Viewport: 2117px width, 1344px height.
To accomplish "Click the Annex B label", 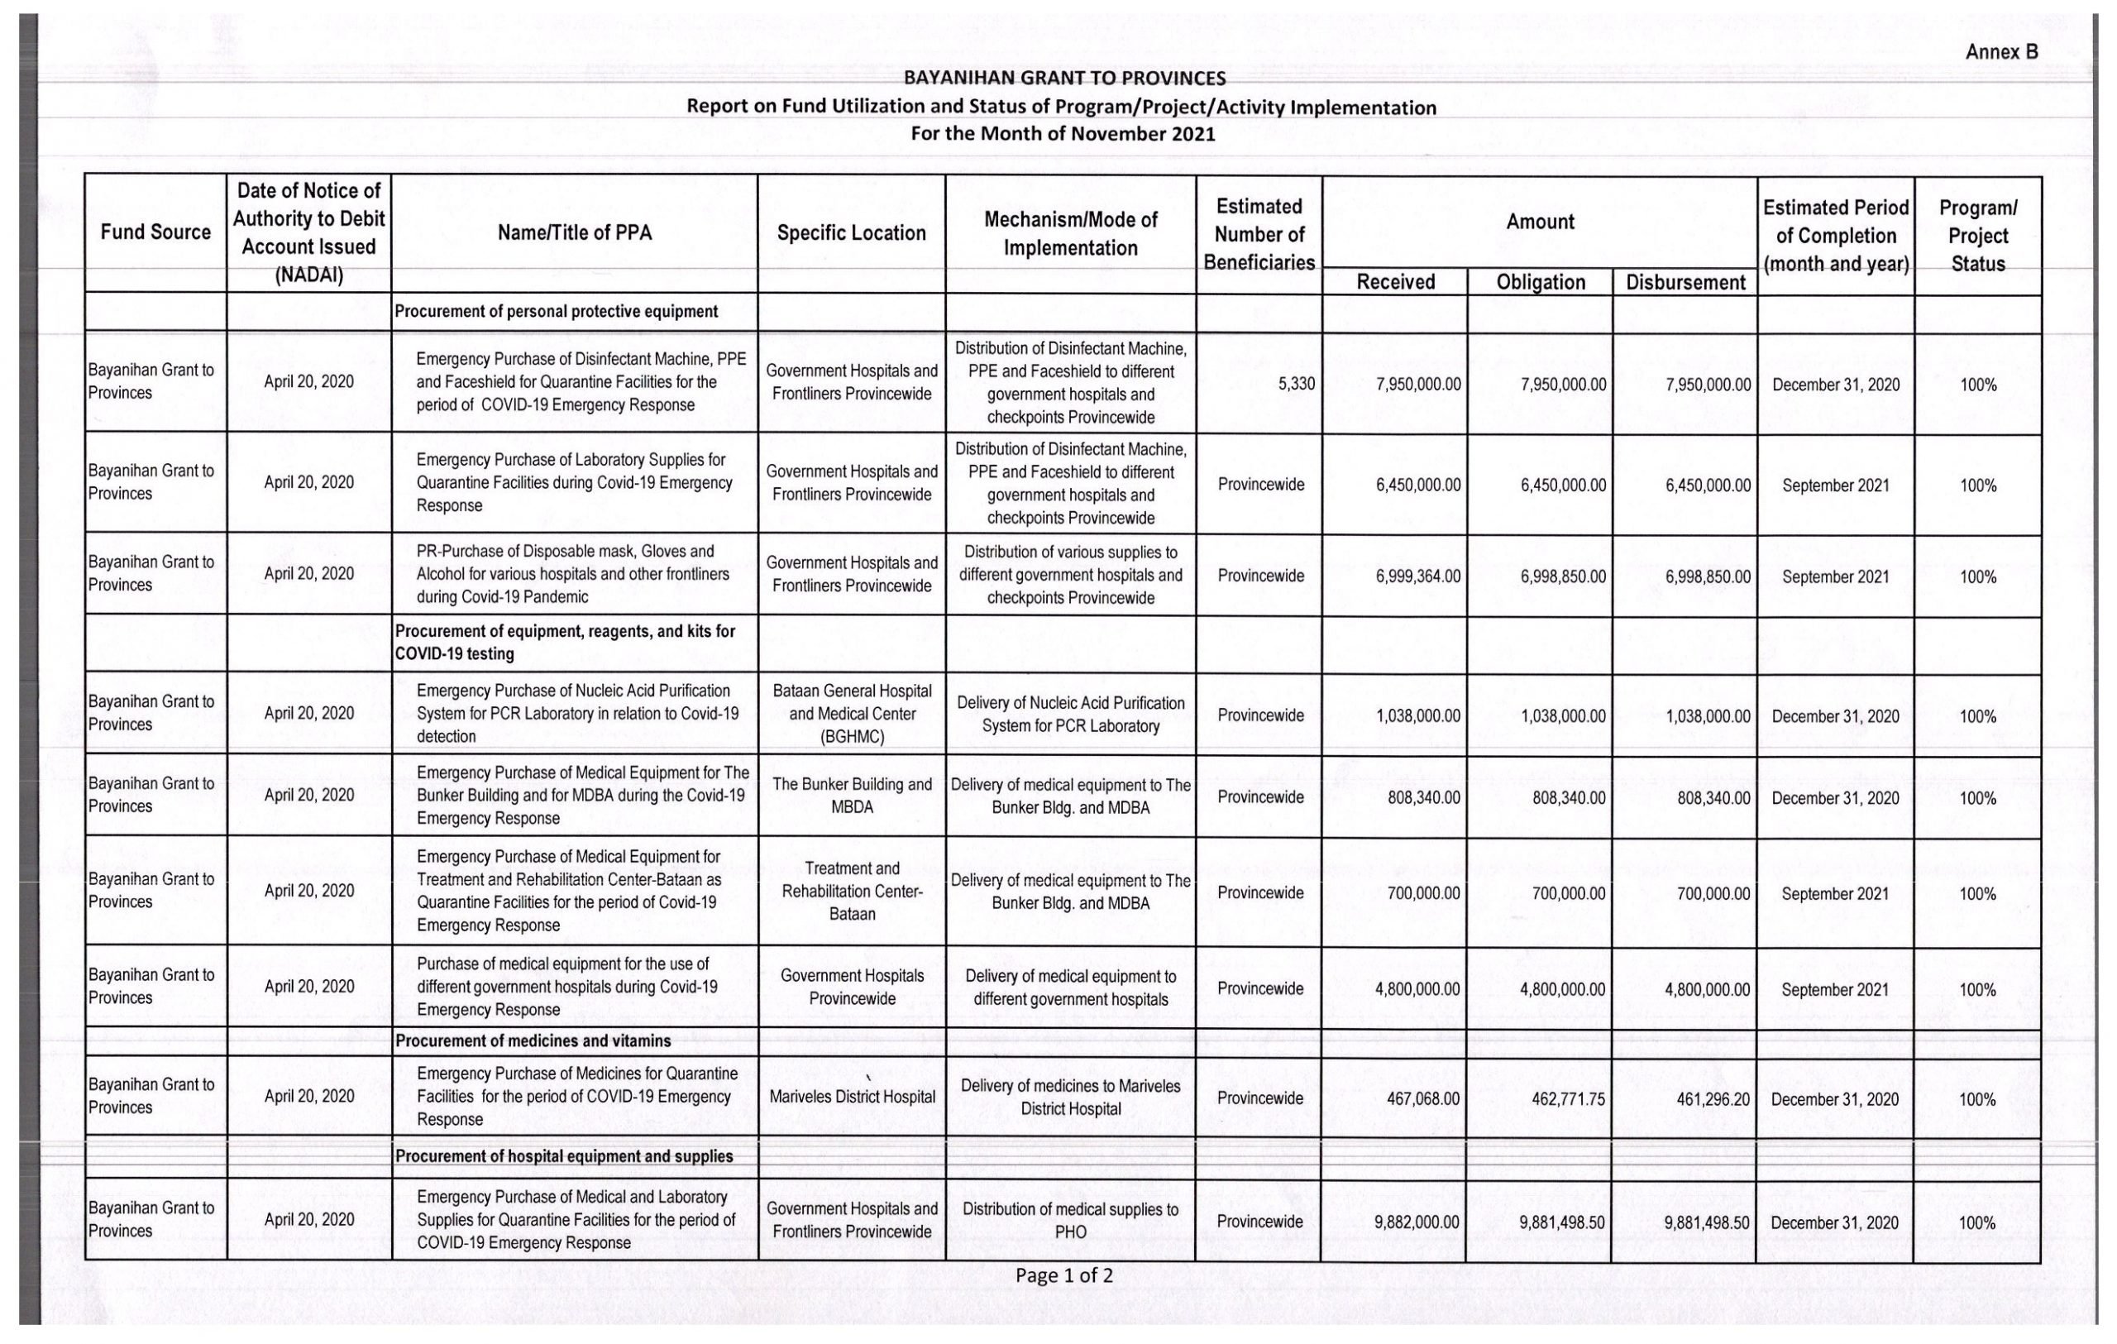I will [x=2001, y=52].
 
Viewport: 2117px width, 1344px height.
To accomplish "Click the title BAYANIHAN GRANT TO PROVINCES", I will [x=1063, y=79].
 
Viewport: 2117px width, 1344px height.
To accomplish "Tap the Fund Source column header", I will [x=155, y=232].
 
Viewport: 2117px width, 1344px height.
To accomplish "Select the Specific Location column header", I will [x=851, y=233].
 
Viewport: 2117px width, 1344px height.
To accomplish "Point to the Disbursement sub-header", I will [x=1685, y=282].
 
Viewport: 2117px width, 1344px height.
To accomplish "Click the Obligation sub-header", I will [x=1541, y=282].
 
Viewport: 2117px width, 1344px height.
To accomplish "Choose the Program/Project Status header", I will [x=1977, y=236].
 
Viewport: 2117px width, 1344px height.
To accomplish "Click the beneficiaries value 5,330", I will [x=1297, y=384].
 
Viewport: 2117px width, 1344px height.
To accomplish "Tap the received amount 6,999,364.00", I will [x=1418, y=576].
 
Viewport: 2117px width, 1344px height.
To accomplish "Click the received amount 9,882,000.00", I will [x=1417, y=1222].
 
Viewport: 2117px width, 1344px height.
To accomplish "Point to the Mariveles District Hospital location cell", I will [x=851, y=1097].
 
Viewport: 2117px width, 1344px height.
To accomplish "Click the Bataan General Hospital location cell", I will [x=851, y=714].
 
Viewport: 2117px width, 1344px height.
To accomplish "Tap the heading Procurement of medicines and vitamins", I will [x=533, y=1040].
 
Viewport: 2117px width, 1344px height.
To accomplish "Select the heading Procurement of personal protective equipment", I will [x=556, y=311].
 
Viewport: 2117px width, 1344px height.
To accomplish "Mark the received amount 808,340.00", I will [x=1423, y=797].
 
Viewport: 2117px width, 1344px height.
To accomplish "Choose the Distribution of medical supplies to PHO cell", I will [x=1070, y=1220].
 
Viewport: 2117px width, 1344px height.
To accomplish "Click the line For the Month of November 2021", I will [x=1062, y=134].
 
